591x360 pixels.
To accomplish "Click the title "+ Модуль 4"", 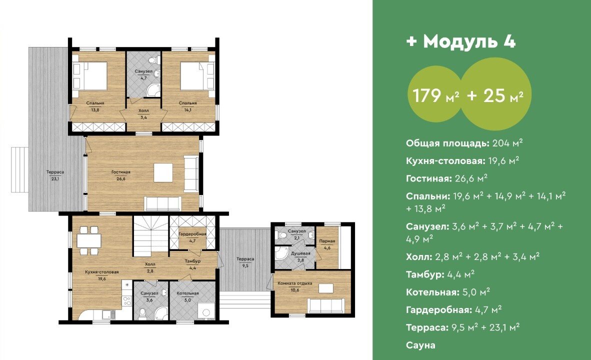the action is (461, 41).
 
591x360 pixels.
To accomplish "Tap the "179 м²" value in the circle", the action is (436, 95).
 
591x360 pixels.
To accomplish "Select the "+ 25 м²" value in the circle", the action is (495, 95).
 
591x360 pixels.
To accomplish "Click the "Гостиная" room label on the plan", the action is (120, 172).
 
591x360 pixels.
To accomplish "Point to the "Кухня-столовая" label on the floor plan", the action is (102, 272).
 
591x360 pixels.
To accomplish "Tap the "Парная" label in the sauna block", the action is (327, 241).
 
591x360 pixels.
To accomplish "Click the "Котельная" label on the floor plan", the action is (187, 293).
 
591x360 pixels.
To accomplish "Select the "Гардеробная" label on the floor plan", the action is (192, 234).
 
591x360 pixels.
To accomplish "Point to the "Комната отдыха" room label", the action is (294, 283).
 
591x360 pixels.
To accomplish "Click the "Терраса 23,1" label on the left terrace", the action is (55, 175).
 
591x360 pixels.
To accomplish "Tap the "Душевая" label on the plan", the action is (300, 253).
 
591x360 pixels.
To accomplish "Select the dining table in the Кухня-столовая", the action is (89, 240).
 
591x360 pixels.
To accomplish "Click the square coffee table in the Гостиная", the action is (163, 173).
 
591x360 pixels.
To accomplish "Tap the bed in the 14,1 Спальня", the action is (193, 76).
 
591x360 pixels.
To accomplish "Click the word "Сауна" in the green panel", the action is (420, 345).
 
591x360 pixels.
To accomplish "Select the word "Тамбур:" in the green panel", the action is (425, 274).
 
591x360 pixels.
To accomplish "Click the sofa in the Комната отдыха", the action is (326, 305).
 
